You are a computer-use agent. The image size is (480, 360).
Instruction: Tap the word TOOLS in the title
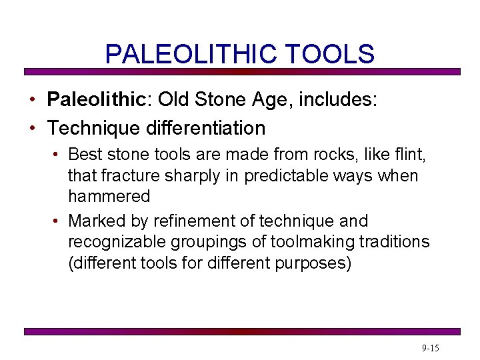331,54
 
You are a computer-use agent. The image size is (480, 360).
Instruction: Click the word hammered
109,197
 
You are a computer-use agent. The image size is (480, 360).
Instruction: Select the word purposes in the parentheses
315,262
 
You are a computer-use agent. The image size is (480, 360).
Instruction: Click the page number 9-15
431,349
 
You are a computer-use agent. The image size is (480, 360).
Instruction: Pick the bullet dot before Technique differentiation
32,128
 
